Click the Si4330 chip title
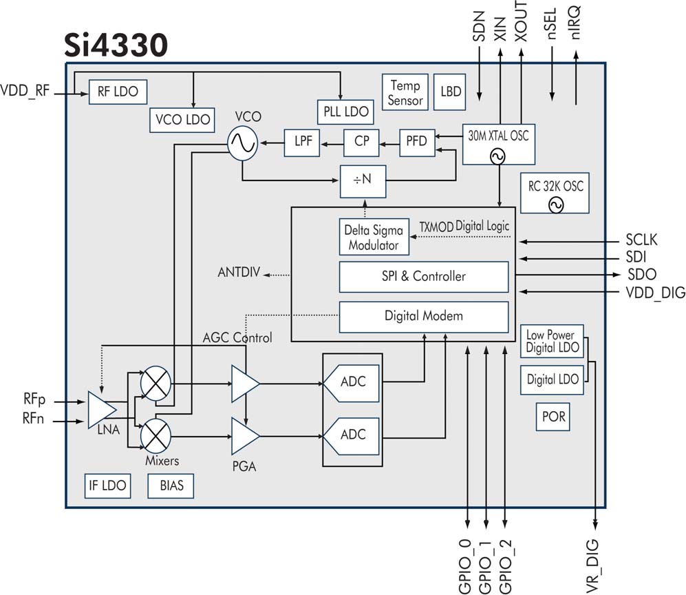pos(117,45)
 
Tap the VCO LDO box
pos(182,119)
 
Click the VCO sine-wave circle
pos(243,143)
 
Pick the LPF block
pos(303,142)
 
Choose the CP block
pos(361,142)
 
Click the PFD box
pos(417,142)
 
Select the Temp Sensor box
pos(405,92)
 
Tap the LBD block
pos(451,92)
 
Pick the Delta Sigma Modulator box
pos(374,236)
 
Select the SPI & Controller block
pos(424,276)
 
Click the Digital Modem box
pos(424,316)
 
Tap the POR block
pos(553,417)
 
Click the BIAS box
pos(171,486)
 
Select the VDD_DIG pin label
pos(654,293)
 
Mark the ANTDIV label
pos(239,273)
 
